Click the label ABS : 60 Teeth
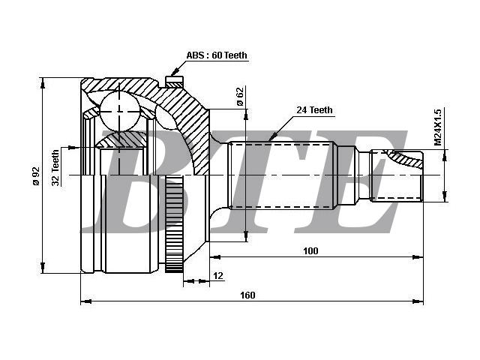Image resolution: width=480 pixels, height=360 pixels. point(217,55)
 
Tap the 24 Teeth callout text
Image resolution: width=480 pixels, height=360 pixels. point(314,110)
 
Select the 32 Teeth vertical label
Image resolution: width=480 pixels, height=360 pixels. point(55,167)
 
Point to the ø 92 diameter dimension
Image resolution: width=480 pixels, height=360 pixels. point(36,176)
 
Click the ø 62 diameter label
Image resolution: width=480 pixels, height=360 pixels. point(240,97)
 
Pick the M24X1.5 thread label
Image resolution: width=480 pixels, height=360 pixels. point(438,127)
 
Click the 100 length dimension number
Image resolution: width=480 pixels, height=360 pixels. point(310,251)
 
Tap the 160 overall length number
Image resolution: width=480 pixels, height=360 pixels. point(247,295)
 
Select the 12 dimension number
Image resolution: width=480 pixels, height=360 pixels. point(218,275)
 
